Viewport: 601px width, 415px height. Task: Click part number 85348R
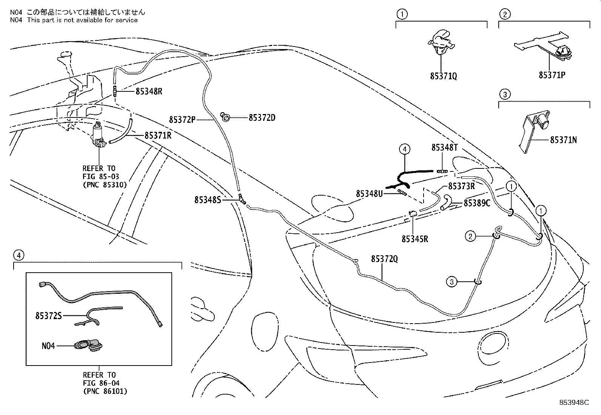pos(149,91)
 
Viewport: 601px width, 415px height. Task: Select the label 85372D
pos(262,118)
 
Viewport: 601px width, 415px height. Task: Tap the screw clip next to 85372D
pos(226,118)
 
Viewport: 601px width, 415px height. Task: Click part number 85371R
pos(157,135)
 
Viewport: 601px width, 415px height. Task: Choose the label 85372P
pos(182,120)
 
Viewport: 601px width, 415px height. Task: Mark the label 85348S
pos(208,200)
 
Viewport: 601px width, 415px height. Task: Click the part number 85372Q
pos(384,259)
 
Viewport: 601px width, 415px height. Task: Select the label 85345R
pos(415,239)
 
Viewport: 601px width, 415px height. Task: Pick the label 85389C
pos(477,203)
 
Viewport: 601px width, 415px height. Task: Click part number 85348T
pos(445,148)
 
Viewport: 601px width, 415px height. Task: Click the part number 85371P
pos(552,75)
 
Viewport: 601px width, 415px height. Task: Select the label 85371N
pos(563,140)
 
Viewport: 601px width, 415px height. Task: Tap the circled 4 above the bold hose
pos(404,149)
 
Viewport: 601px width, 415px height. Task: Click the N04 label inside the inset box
pos(48,345)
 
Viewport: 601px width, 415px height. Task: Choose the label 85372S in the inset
pos(48,315)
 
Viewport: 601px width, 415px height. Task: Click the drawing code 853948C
pos(574,402)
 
